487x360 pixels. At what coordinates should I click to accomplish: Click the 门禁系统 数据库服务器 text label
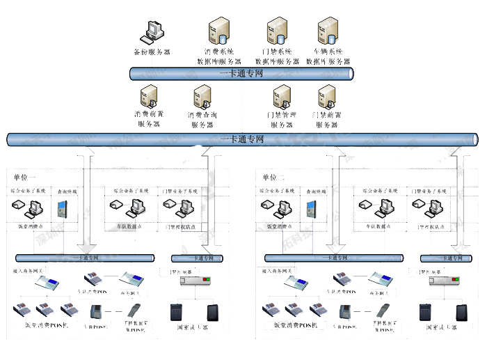point(276,56)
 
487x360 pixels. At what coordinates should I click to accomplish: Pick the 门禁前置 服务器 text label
point(326,119)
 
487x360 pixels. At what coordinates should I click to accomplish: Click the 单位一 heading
point(24,177)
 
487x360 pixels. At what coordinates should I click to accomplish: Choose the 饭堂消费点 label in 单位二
point(278,226)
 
